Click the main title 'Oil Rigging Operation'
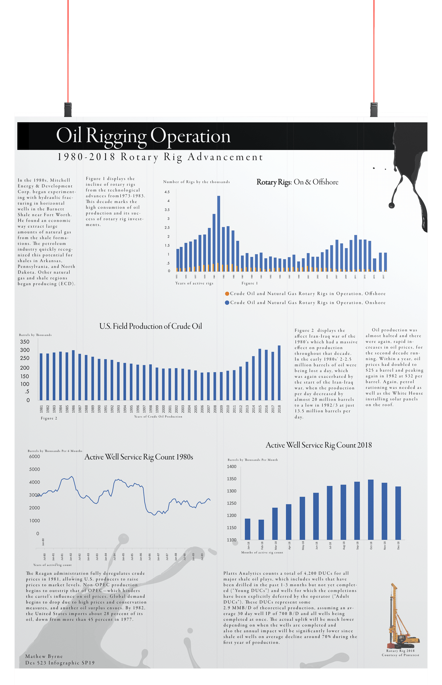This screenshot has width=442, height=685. click(x=143, y=136)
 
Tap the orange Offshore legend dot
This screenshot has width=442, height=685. click(x=227, y=294)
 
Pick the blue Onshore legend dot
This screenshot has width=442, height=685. click(x=227, y=303)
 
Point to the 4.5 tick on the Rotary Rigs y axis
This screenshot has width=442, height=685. click(x=167, y=192)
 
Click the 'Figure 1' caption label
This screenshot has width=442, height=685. click(x=249, y=283)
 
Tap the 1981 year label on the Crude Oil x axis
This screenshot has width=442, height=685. click(x=41, y=409)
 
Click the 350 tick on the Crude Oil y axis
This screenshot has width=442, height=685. click(x=25, y=342)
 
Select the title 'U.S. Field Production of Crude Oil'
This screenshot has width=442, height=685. click(x=151, y=326)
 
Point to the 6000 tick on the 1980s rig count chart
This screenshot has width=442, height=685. click(x=35, y=456)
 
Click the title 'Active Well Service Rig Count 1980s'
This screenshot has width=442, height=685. click(x=139, y=457)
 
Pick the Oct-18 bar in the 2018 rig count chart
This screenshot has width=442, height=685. click(x=371, y=510)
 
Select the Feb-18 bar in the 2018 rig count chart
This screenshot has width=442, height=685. click(x=261, y=530)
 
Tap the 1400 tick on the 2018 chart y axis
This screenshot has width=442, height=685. click(x=231, y=466)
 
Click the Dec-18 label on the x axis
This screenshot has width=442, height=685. click(x=398, y=545)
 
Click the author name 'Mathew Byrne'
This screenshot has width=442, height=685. click(x=44, y=656)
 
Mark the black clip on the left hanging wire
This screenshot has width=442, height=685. click(x=68, y=109)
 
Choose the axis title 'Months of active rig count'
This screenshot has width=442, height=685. click(x=262, y=552)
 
